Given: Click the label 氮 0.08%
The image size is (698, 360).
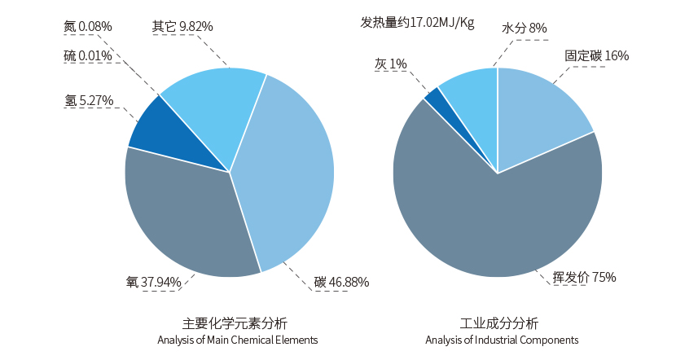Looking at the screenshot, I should coord(88,26).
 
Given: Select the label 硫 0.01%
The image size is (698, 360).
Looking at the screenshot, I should coord(88,56).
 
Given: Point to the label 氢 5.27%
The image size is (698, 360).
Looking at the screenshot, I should coord(89,101).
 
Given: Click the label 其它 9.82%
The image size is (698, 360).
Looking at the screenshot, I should coord(182,26).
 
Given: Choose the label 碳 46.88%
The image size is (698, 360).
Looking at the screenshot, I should coord(341,283).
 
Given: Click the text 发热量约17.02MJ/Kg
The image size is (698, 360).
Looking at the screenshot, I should coord(417,22).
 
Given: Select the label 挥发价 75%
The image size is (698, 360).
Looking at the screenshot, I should coord(584,277).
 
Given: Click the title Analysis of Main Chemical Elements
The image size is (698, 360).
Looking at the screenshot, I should coord(237,340).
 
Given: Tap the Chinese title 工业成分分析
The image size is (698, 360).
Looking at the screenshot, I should coord(499,323).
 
